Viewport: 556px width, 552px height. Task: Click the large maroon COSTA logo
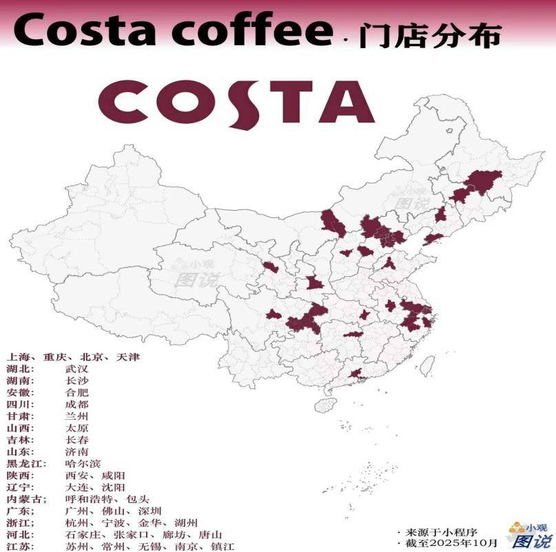(241, 102)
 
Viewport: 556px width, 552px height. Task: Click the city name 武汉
(76, 369)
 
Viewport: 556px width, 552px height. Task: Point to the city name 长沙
(76, 381)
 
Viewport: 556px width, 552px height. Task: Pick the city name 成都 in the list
(76, 404)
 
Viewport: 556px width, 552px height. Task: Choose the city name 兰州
(76, 416)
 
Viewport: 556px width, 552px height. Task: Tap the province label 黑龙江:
(24, 463)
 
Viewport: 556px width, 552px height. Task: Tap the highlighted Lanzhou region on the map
(271, 266)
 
